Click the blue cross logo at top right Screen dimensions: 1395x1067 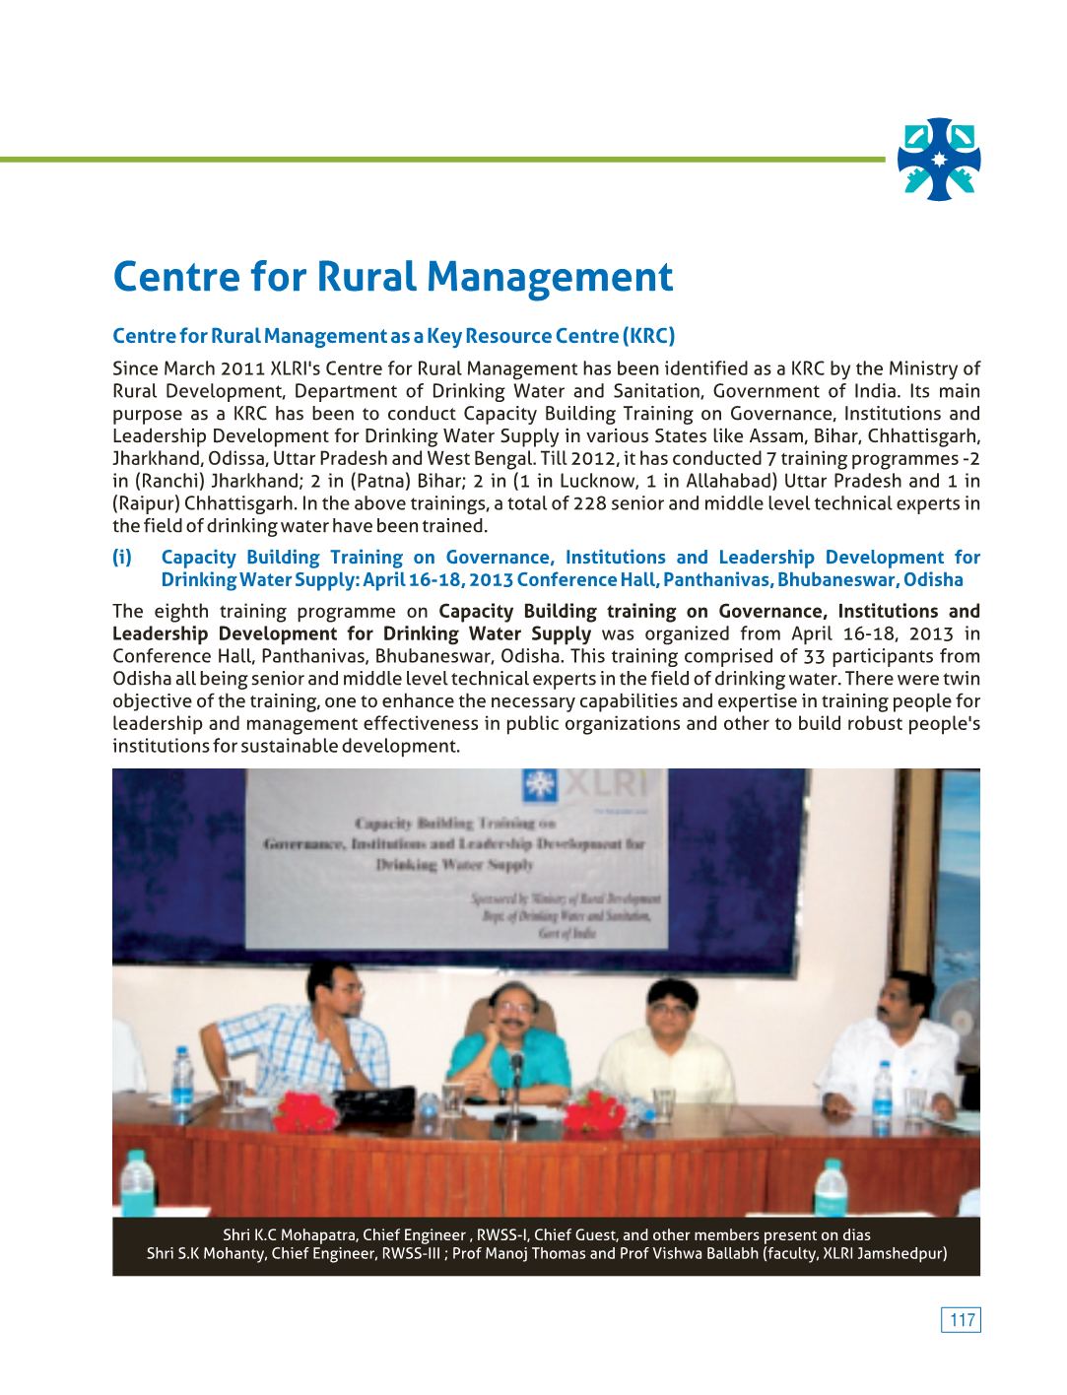coord(939,160)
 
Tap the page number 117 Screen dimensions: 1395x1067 coord(962,1320)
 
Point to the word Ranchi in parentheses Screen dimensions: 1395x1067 coord(168,481)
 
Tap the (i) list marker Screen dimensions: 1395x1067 coord(122,558)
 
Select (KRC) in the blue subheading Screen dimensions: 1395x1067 coord(648,336)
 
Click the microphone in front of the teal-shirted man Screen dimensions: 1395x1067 coord(515,1069)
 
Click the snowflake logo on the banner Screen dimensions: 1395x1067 coord(538,784)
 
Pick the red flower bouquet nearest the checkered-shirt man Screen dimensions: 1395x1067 coord(304,1111)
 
